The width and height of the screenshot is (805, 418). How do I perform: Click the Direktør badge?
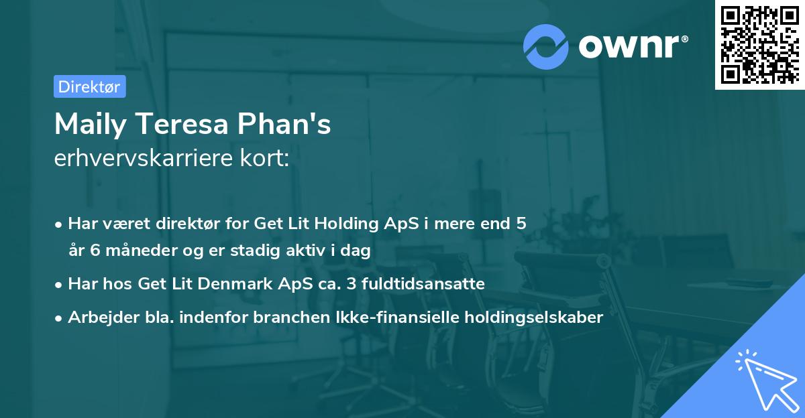point(89,86)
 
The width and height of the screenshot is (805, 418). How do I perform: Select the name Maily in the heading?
point(87,125)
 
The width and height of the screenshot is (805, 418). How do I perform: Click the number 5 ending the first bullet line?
point(521,223)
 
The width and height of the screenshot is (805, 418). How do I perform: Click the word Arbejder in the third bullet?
point(97,317)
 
